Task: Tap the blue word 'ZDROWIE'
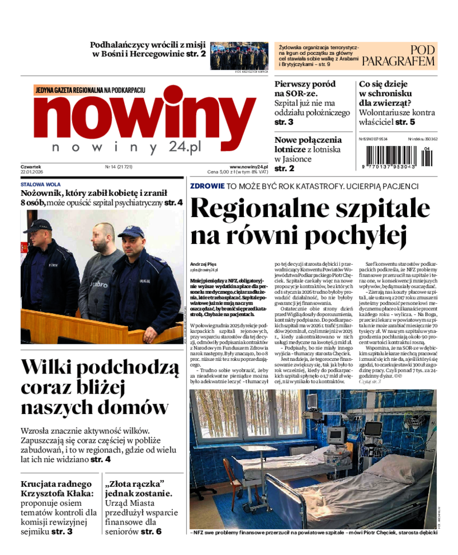(207, 186)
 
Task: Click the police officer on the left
(46, 269)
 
